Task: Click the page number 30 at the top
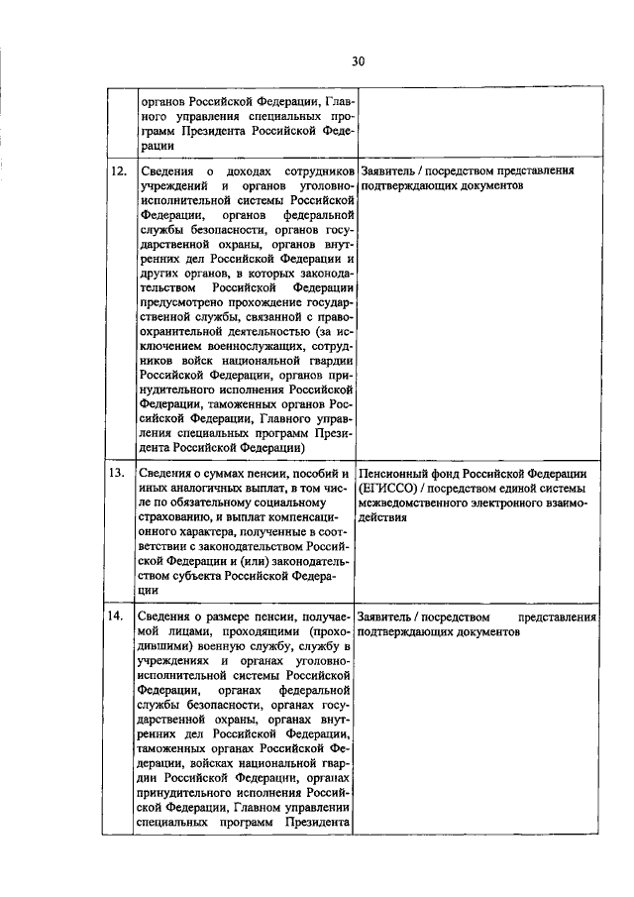coord(358,61)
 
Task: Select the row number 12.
coord(117,170)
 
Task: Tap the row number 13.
coord(117,472)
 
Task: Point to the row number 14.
coord(117,616)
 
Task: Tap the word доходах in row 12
coord(239,170)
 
